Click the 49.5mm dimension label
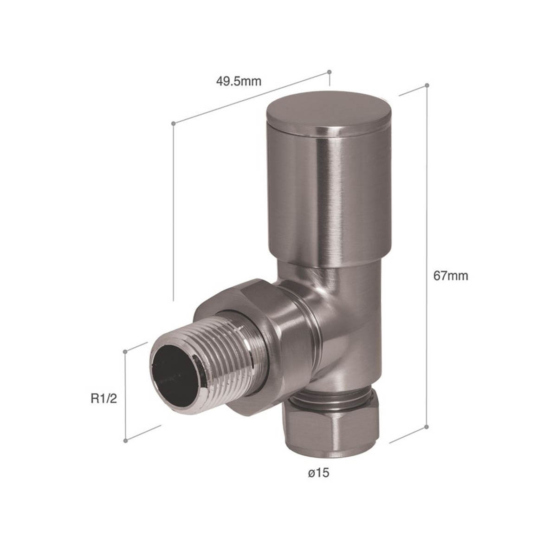239,82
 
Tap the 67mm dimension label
450,276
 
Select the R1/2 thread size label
104,399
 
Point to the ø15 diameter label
318,473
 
